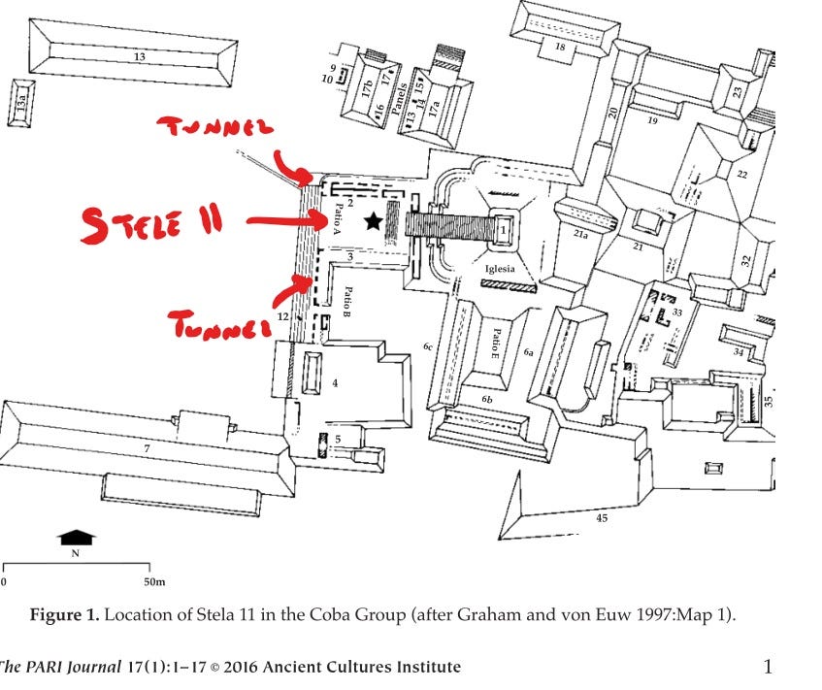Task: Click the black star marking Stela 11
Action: (373, 222)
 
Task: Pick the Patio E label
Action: (495, 344)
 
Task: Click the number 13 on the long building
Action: (140, 58)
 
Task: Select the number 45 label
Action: (602, 519)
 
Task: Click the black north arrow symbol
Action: (76, 537)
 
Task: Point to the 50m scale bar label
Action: (154, 581)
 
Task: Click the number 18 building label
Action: (560, 47)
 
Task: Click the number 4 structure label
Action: (335, 382)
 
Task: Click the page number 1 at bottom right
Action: (768, 667)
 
